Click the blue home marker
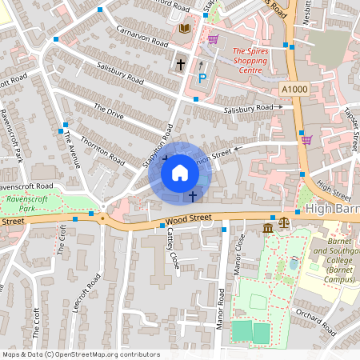tap(180, 173)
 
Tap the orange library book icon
tap(186, 29)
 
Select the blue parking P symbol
tap(202, 78)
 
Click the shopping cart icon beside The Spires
tap(213, 38)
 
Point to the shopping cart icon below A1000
tap(306, 139)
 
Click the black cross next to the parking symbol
tap(181, 63)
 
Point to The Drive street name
tap(109, 111)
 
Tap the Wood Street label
tap(188, 217)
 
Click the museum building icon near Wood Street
tap(266, 229)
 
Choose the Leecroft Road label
tap(85, 292)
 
